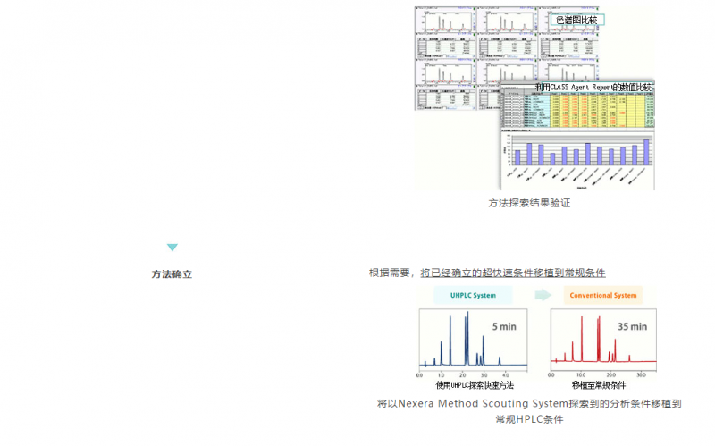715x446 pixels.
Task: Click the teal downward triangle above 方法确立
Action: pos(172,248)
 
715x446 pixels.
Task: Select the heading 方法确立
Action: pos(172,274)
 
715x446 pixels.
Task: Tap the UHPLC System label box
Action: pos(472,296)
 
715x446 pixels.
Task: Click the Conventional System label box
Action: pos(603,296)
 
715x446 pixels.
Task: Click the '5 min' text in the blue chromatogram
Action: pos(504,327)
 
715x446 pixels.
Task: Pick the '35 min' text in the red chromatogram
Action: pos(633,327)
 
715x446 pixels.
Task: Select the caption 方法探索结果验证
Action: pos(529,203)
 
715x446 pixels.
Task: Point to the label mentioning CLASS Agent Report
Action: pos(593,87)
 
